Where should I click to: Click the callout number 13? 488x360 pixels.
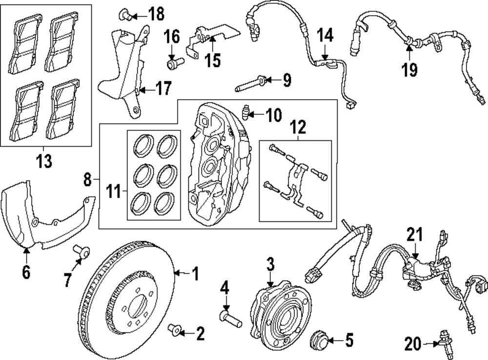click(x=44, y=161)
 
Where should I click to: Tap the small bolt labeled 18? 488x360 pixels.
click(x=125, y=14)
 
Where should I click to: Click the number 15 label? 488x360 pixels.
click(x=213, y=60)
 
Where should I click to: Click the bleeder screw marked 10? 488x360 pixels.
click(x=246, y=112)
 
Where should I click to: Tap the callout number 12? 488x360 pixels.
click(x=298, y=127)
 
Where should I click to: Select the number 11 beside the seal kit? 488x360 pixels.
click(x=113, y=191)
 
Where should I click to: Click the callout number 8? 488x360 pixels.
click(x=88, y=180)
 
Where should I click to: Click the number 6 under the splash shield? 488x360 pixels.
click(x=26, y=272)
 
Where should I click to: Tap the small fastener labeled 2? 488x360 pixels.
click(x=175, y=330)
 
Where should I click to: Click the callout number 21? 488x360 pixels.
click(x=415, y=234)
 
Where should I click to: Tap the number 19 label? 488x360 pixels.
click(x=409, y=69)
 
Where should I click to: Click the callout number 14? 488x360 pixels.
click(x=325, y=35)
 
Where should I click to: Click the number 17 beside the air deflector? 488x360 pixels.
click(x=163, y=88)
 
